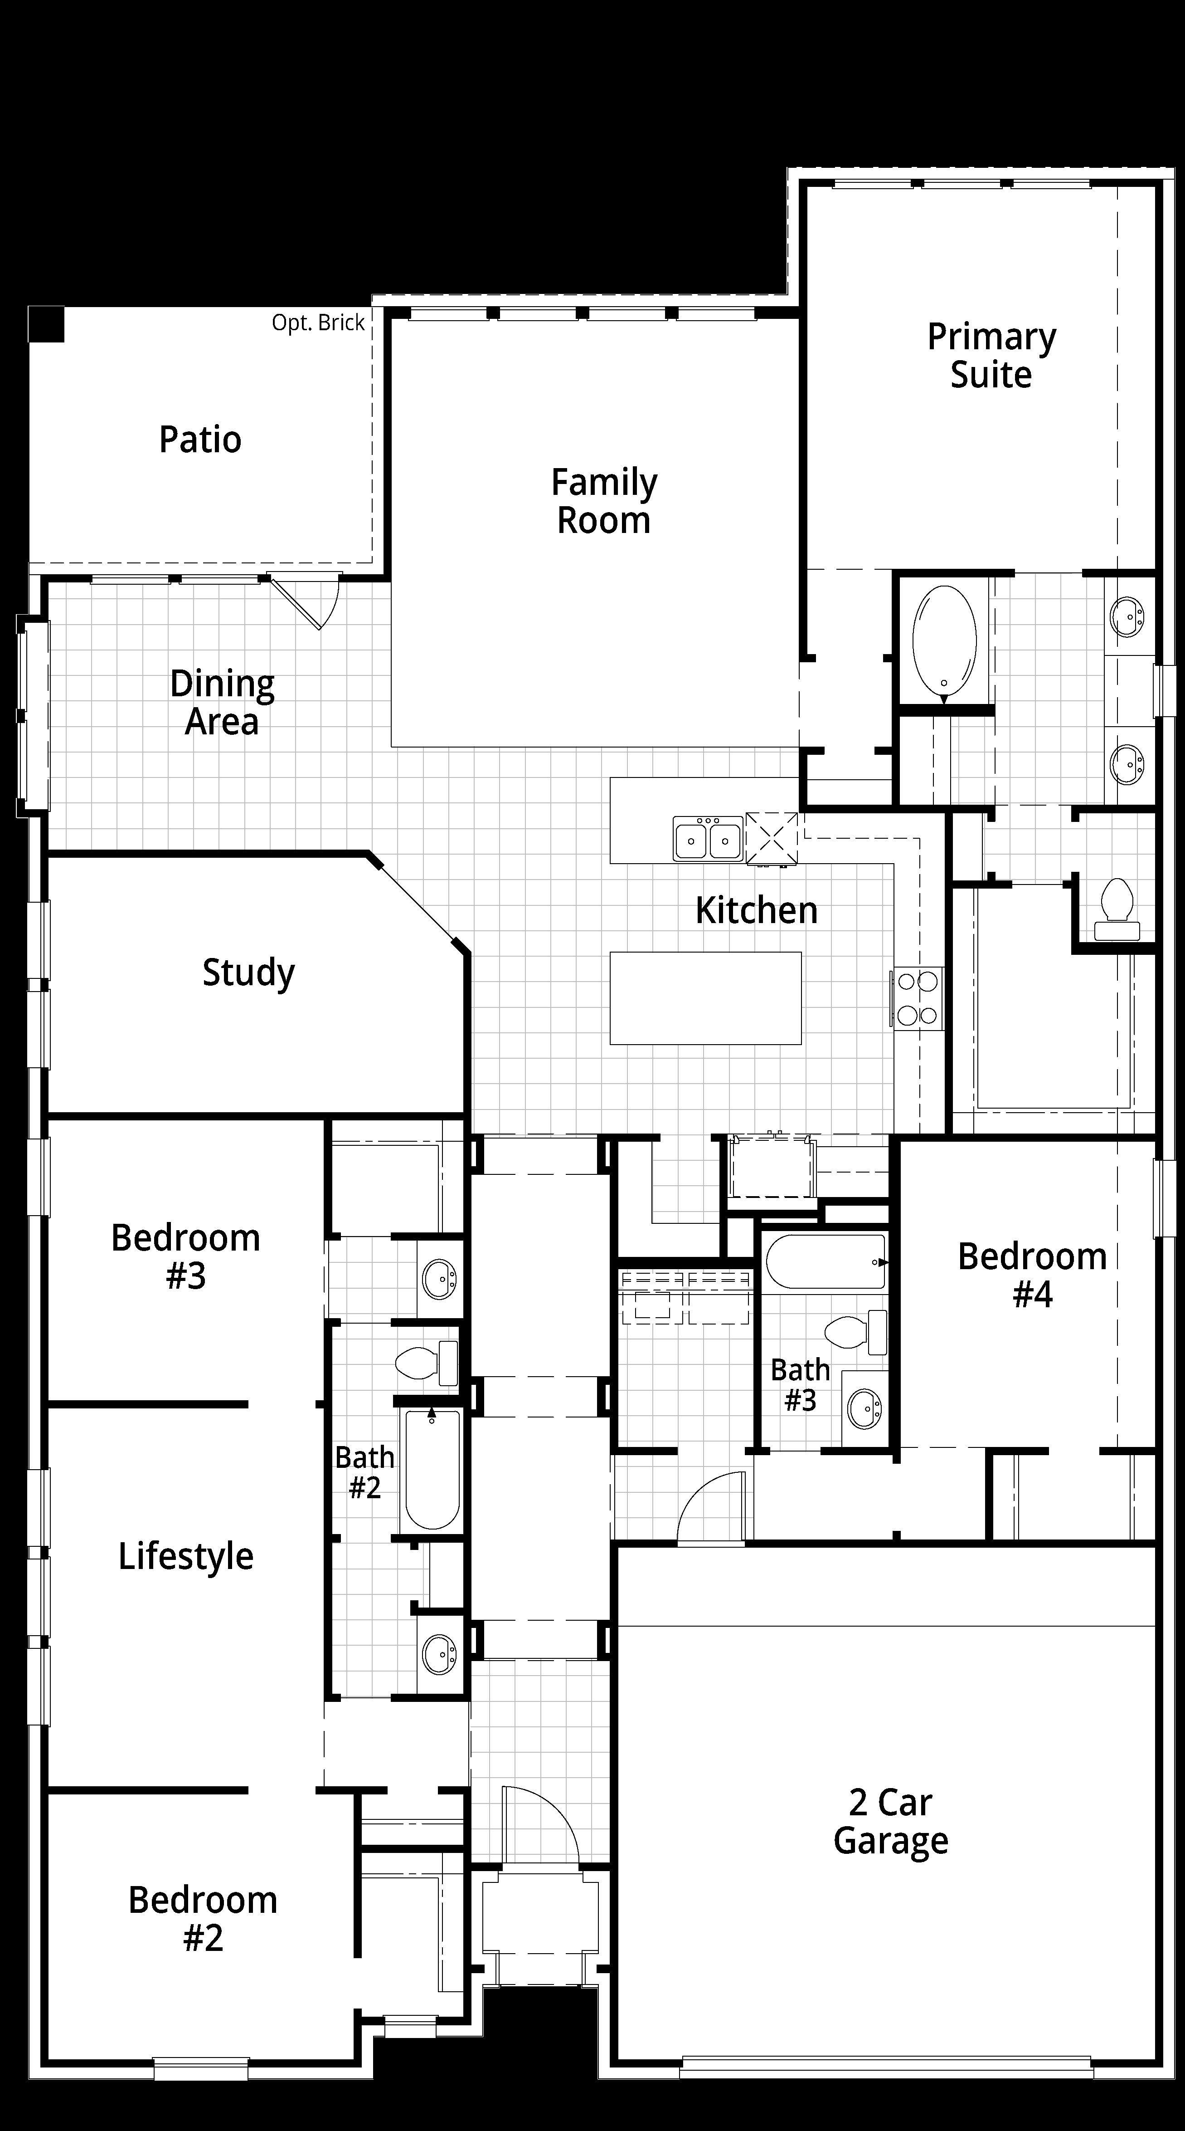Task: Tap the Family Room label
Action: pyautogui.click(x=604, y=501)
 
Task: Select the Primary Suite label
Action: pyautogui.click(x=991, y=356)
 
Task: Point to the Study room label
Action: pyautogui.click(x=248, y=973)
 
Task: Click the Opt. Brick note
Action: pyautogui.click(x=318, y=323)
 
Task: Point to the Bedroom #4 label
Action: pyautogui.click(x=1032, y=1275)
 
